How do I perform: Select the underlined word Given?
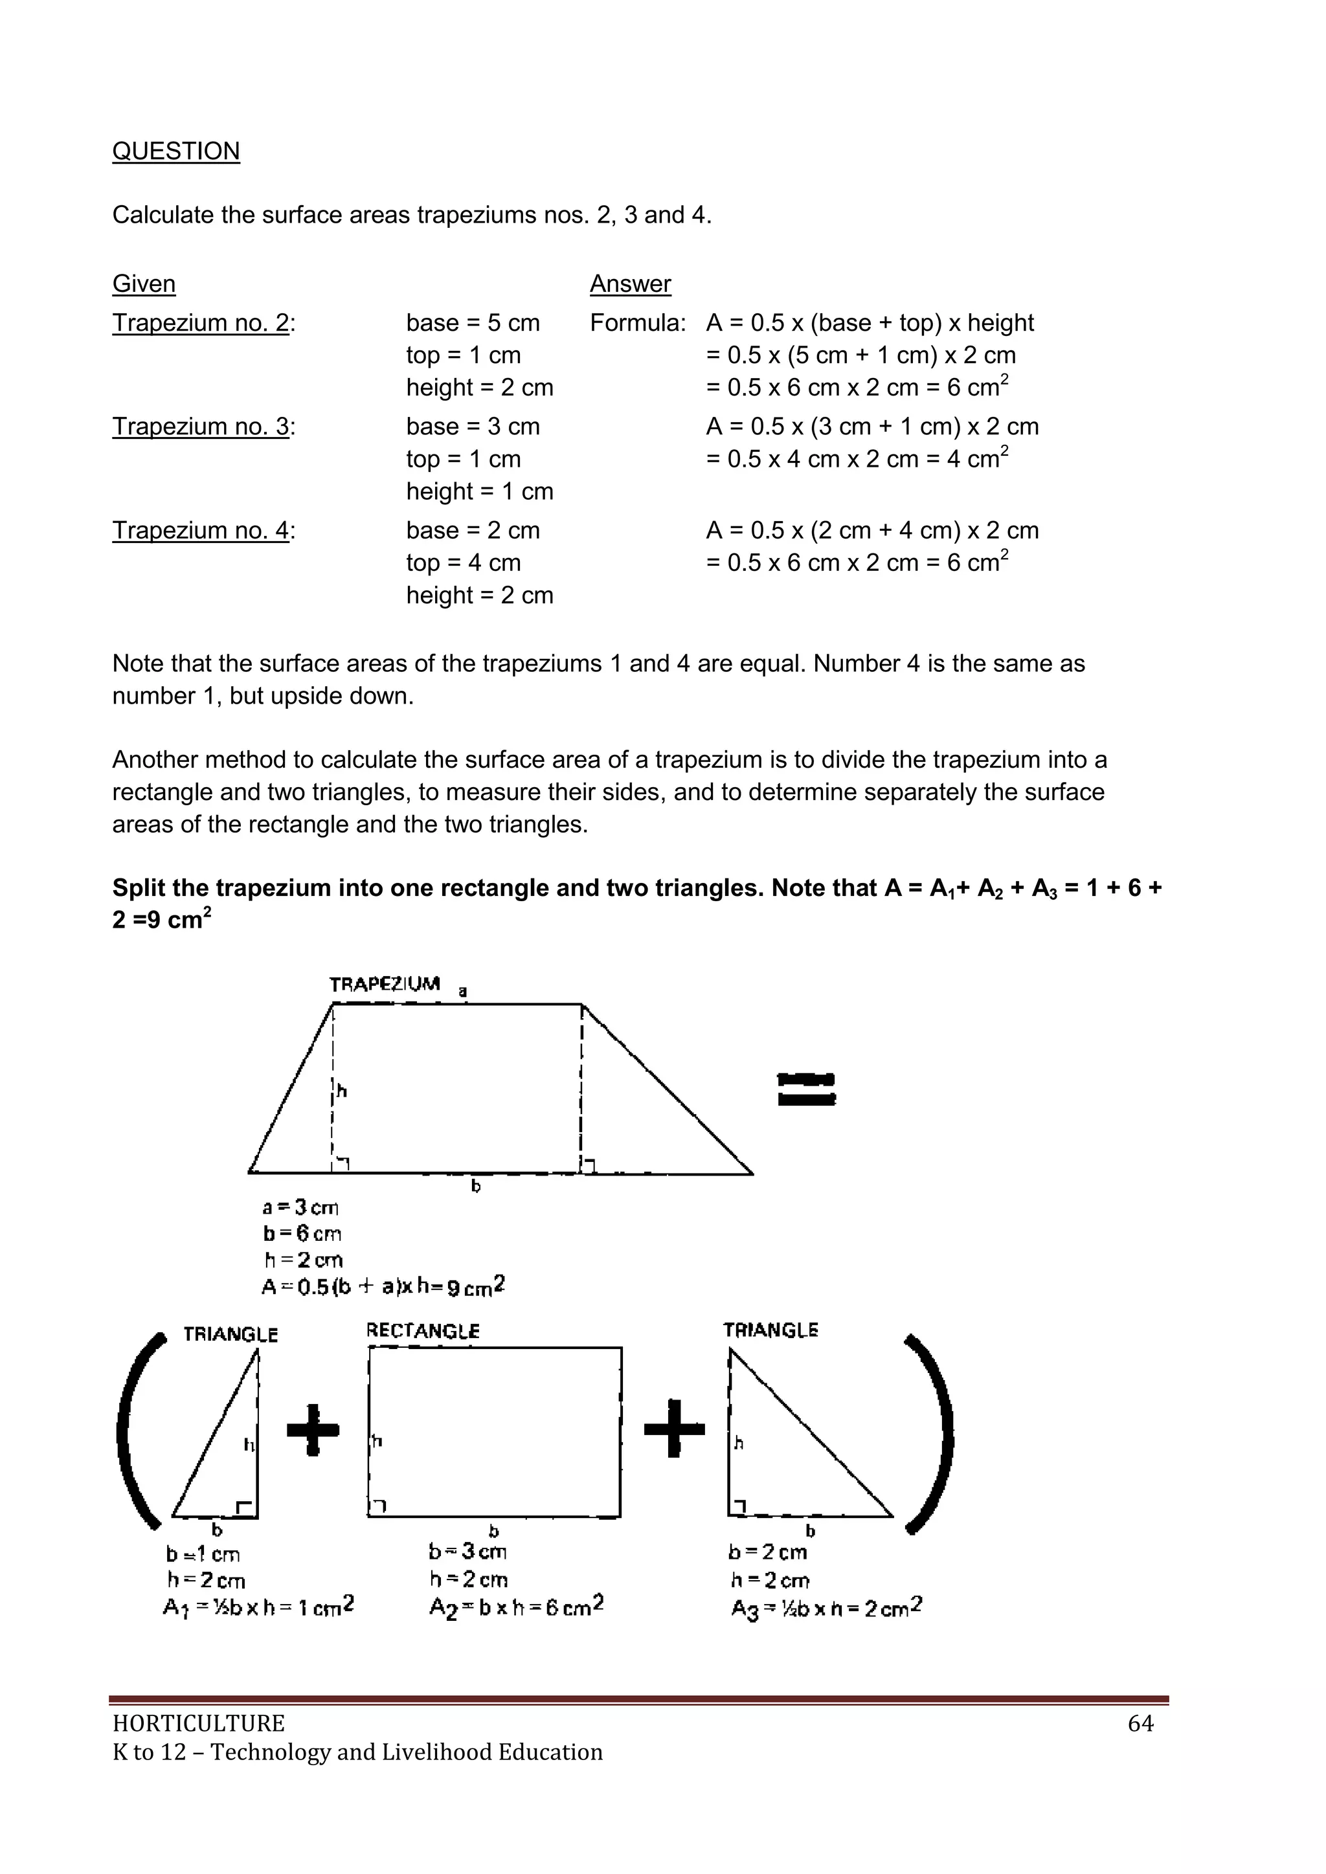pos(144,284)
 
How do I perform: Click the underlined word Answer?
pos(631,284)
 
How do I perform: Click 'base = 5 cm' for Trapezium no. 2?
pos(473,322)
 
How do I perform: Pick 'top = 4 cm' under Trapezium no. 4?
pos(463,563)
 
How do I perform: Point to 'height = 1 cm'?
pos(479,491)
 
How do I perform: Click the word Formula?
pos(638,322)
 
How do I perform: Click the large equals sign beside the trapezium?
pos(806,1089)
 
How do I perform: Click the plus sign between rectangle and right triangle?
pos(673,1429)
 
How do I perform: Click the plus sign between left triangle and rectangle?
pos(313,1429)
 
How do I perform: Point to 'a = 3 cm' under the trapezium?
pos(300,1207)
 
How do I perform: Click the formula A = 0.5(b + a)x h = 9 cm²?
pos(383,1286)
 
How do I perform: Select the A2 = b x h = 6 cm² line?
pos(516,1607)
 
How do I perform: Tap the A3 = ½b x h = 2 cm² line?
pos(826,1608)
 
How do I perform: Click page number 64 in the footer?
pos(1140,1723)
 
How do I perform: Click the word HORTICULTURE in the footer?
pos(198,1723)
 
